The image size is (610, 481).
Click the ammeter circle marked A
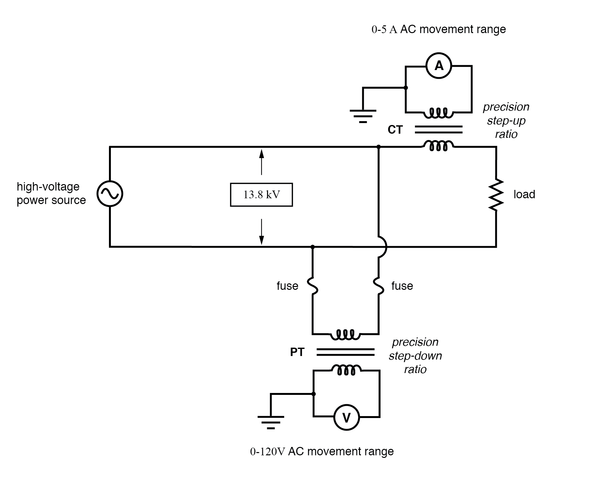[x=439, y=66]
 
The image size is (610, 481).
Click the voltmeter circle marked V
[x=346, y=417]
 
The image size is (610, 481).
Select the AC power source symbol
[x=110, y=194]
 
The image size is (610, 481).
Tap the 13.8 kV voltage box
[x=261, y=195]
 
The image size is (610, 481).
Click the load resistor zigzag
[x=496, y=195]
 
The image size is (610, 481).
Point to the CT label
[x=395, y=130]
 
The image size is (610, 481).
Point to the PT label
[x=297, y=352]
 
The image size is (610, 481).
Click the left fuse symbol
[x=313, y=286]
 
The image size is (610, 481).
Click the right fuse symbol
[x=379, y=286]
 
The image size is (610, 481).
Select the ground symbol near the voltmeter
[x=271, y=422]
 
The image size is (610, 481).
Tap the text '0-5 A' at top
[x=384, y=30]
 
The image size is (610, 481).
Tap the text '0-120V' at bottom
[x=267, y=452]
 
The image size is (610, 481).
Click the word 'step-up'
[x=506, y=121]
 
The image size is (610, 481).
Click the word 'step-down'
[x=415, y=356]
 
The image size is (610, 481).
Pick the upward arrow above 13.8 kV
[x=262, y=162]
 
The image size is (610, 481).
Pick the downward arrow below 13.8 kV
[x=262, y=231]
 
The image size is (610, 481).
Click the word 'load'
[x=524, y=194]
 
